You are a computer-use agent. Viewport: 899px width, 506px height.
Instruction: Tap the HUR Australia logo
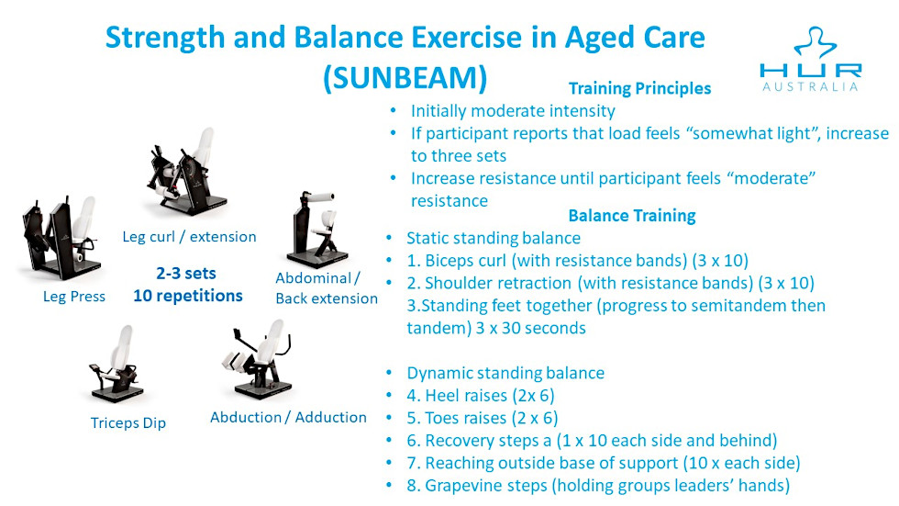point(810,60)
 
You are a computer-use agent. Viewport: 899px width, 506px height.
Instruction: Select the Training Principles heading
point(639,88)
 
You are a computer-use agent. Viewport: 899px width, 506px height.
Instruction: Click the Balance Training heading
point(632,216)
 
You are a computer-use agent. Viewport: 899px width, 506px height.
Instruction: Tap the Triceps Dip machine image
point(117,365)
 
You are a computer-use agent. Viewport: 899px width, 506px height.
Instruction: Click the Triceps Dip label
point(128,423)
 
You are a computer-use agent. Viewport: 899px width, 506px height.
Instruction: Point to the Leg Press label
point(74,297)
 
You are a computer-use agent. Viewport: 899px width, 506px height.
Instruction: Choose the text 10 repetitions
point(188,296)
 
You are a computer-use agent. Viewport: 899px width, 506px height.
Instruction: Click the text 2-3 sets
point(186,273)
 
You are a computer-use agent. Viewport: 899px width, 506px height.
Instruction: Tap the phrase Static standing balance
point(494,238)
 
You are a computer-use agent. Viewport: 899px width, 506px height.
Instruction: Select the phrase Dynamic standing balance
point(505,373)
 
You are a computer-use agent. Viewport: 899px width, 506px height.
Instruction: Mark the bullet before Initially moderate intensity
point(393,109)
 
